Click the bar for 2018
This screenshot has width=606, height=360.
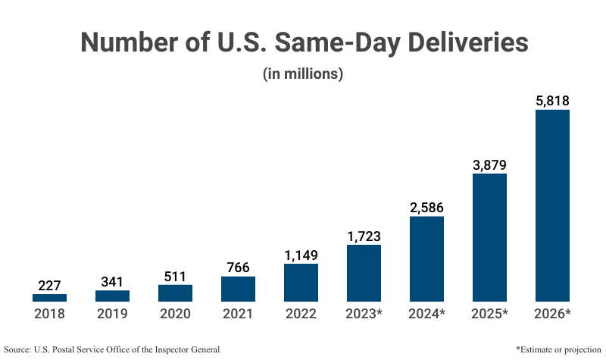click(49, 297)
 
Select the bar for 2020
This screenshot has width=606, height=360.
click(175, 293)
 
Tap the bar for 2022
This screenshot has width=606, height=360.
click(301, 282)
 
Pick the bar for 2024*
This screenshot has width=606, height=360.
click(426, 258)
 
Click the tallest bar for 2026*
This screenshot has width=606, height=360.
click(552, 205)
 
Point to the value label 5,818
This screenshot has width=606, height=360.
click(552, 100)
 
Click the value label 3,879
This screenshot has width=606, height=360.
click(489, 164)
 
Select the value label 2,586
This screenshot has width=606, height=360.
click(426, 207)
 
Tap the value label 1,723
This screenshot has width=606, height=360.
click(364, 235)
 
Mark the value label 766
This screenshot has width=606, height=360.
click(238, 267)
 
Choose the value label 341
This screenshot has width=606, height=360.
click(112, 281)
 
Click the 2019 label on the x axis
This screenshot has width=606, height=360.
click(112, 314)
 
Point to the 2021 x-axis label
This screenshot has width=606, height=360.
click(238, 314)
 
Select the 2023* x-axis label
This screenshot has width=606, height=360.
click(364, 314)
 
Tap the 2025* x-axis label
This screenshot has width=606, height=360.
click(489, 314)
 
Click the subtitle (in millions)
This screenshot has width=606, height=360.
click(303, 74)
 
